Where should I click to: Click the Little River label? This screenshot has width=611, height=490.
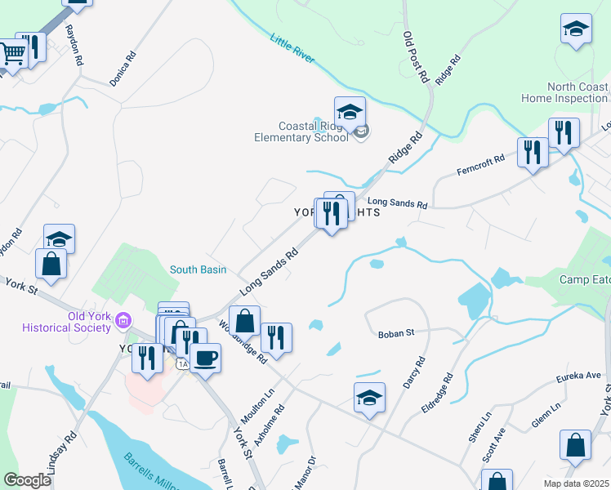291,51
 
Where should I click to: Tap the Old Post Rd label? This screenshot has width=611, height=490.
416,58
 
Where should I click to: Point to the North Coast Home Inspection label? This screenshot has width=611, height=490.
565,92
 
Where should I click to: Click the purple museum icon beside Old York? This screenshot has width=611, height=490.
123,318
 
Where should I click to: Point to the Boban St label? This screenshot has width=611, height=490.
397,333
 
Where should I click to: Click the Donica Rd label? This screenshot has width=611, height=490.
123,70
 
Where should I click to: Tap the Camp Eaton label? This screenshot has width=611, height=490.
585,279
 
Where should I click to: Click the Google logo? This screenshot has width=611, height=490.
27,479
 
